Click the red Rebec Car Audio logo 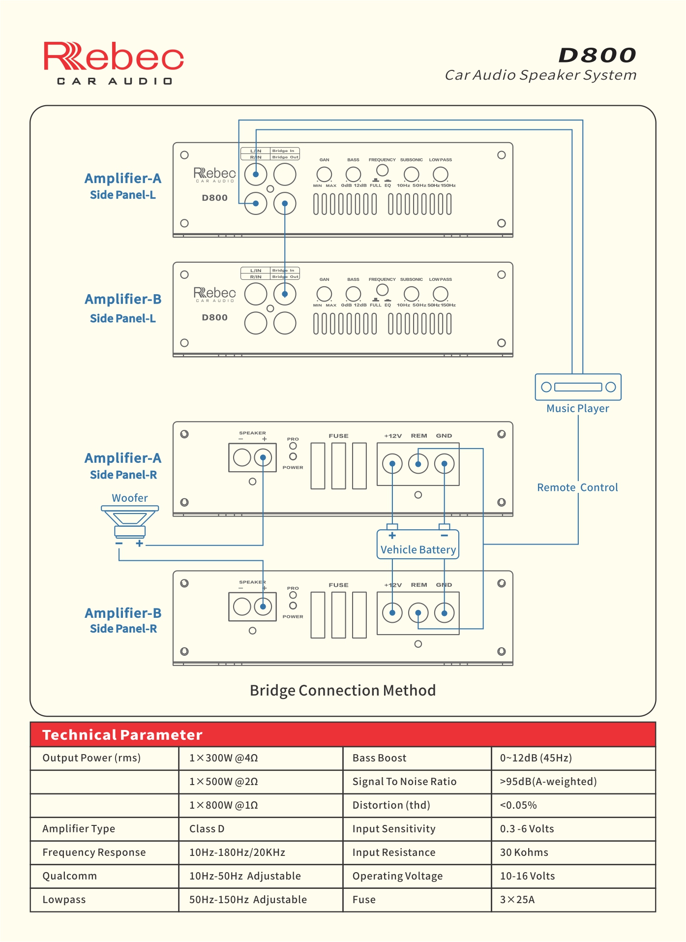coord(114,63)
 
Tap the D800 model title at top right coord(597,55)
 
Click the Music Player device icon coord(578,387)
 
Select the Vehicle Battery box coord(418,544)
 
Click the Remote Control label coord(577,487)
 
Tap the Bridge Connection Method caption coord(343,690)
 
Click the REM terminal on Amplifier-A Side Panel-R coord(418,464)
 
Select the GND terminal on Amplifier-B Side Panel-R coord(445,613)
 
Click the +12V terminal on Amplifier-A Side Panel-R coord(392,464)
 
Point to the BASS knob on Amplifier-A coord(353,174)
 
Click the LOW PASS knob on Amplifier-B coord(440,294)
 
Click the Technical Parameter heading coord(122,735)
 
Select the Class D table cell coord(207,829)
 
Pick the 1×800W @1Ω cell coord(224,805)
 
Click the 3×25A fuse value coord(517,900)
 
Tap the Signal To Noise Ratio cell coord(404,782)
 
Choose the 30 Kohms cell coord(524,852)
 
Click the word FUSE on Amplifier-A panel coord(338,436)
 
